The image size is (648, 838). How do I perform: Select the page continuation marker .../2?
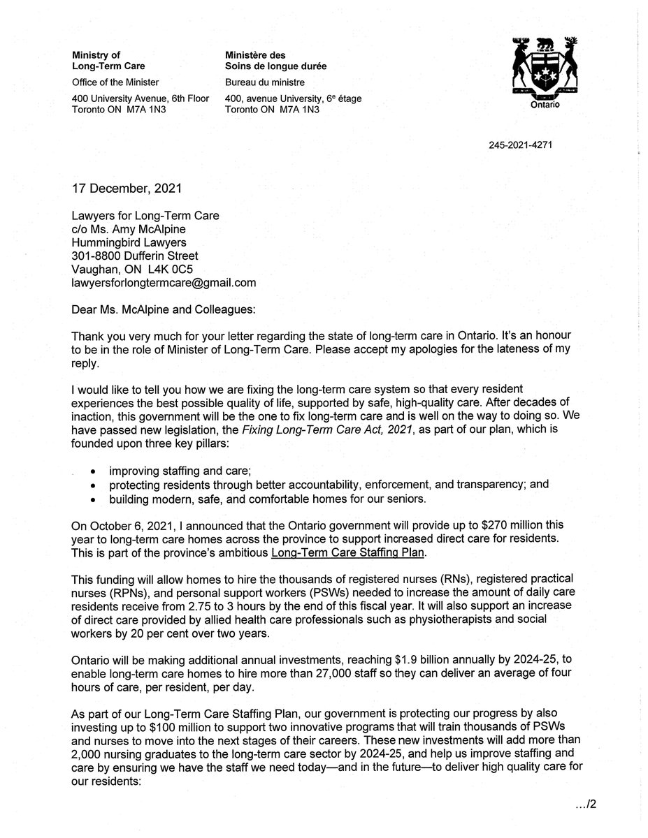pos(584,804)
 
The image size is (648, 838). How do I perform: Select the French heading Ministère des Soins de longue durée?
pos(275,61)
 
